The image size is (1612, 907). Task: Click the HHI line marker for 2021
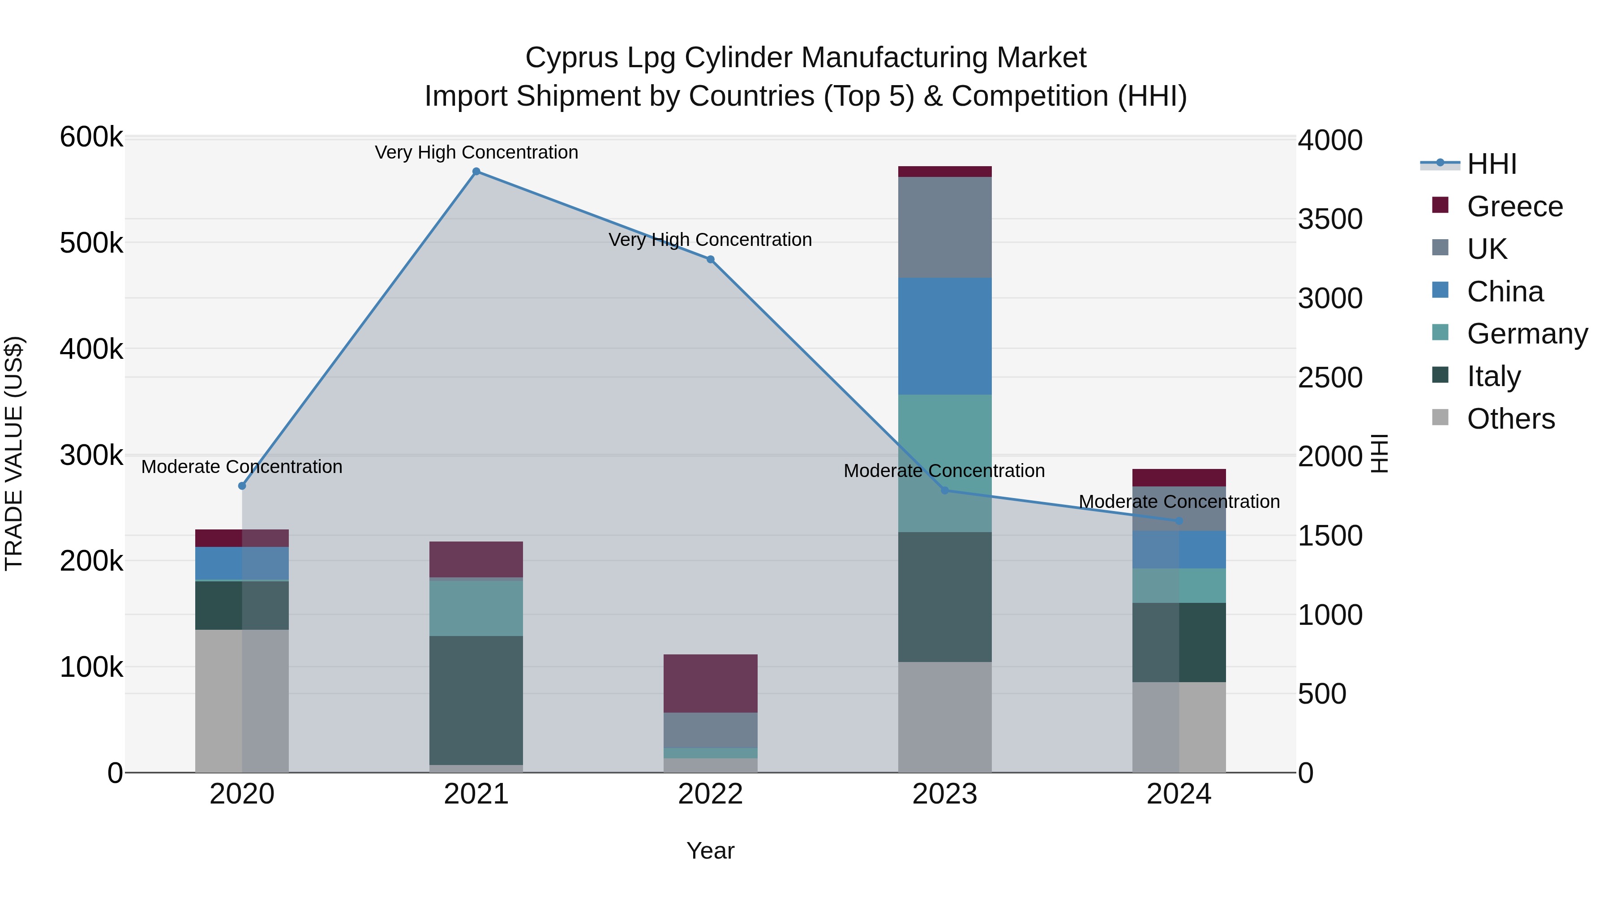pos(476,172)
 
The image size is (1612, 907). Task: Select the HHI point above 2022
pos(710,259)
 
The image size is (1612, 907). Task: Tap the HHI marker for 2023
pos(945,490)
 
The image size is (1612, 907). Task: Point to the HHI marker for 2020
pos(242,486)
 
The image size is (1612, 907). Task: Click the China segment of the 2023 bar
pos(945,336)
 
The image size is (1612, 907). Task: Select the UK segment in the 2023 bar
pos(945,227)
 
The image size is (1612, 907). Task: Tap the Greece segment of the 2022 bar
pos(710,683)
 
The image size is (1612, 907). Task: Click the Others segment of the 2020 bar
pos(242,701)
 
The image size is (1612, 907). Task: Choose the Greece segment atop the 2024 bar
pos(1179,477)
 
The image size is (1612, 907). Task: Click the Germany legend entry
pos(1527,334)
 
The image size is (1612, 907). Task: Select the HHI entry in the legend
pos(1492,164)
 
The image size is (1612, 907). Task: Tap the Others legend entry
pos(1511,419)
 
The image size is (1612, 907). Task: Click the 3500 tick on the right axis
pos(1330,219)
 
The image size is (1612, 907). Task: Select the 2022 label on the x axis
pos(710,794)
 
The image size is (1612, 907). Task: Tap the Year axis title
pos(710,851)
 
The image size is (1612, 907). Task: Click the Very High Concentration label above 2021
pos(476,152)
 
